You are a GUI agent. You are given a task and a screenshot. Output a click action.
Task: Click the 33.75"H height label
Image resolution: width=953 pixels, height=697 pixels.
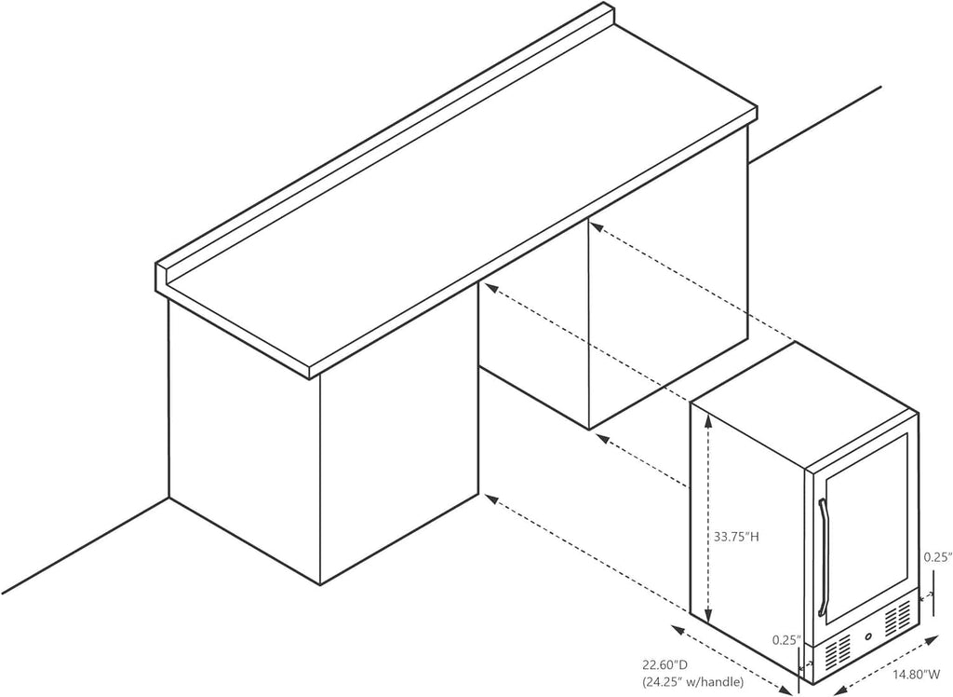pos(737,537)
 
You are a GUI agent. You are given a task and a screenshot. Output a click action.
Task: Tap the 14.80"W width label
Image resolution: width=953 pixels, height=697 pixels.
pos(917,675)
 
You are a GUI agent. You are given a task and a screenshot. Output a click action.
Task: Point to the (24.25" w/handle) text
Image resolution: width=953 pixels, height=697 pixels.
pos(692,682)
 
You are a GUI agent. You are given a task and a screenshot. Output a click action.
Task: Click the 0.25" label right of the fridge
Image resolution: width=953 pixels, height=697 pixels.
pos(937,556)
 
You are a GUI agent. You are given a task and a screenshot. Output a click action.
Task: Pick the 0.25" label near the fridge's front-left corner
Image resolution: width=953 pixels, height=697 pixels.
pos(785,640)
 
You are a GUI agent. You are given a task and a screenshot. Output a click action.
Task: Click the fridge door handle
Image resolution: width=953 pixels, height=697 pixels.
pos(823,557)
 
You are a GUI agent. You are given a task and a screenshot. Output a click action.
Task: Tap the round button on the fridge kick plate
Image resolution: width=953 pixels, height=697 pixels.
pos(867,638)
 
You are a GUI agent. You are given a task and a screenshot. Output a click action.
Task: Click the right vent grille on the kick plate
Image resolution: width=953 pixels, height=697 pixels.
pos(898,618)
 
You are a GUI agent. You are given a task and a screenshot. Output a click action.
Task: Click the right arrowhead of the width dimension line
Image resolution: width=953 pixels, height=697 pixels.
pos(933,640)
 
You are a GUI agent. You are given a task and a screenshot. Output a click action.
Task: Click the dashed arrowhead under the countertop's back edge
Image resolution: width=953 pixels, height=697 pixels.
pos(597,226)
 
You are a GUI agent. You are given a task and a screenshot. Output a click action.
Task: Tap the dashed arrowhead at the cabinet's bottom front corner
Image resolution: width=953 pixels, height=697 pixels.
pos(492,499)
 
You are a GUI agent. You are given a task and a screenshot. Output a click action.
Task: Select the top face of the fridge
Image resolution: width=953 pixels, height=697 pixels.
pos(804,406)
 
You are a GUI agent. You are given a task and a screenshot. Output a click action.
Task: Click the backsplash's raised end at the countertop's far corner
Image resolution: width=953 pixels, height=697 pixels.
pos(605,15)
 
